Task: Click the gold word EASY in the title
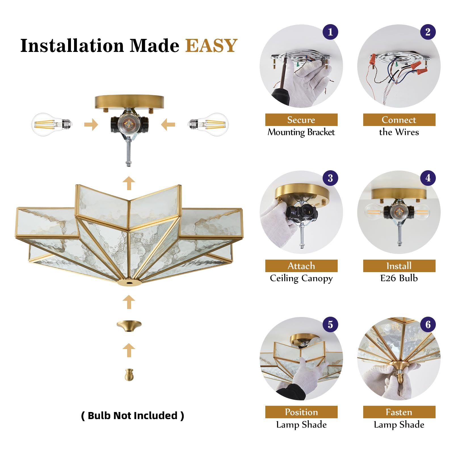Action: (211, 46)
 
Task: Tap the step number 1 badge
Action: (330, 32)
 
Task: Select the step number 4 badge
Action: (428, 178)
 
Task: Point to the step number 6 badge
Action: (428, 324)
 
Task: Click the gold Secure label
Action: (301, 120)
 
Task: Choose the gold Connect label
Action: (399, 120)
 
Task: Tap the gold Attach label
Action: (301, 266)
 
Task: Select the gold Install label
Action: (399, 266)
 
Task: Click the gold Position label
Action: (301, 412)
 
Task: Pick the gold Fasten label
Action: (399, 412)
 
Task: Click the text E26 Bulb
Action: (399, 278)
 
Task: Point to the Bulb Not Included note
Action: (133, 416)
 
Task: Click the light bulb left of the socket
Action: (51, 124)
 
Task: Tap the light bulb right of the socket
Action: (209, 124)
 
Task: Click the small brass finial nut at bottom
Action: (129, 375)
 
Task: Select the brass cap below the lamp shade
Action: (129, 325)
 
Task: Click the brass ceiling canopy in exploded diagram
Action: (129, 102)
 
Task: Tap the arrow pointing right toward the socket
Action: (91, 125)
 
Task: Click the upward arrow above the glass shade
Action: (129, 183)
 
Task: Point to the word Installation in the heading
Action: (72, 46)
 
